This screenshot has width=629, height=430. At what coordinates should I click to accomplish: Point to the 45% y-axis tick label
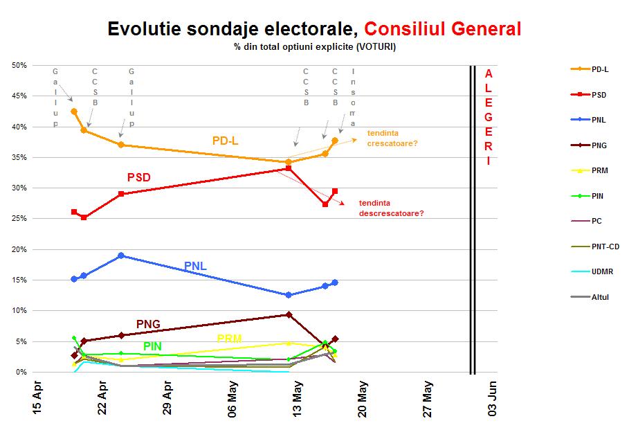pos(19,96)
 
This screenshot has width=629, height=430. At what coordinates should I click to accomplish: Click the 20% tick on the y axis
pos(19,249)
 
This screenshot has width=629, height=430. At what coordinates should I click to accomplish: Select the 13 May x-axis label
pos(297,400)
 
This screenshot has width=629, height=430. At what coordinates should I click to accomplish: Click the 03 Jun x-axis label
pos(493,398)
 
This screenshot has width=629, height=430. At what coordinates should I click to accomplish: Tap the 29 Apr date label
pos(167,400)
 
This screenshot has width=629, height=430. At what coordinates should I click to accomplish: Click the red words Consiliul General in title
pos(442,28)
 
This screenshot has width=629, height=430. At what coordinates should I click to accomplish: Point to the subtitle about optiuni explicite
pos(315,46)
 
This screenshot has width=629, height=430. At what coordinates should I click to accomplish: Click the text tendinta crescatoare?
pos(392,139)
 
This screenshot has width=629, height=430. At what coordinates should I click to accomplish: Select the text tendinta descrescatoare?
pos(391,208)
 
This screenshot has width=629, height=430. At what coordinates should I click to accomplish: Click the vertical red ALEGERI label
pos(489,117)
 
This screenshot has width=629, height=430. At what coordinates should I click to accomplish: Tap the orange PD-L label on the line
pos(225,141)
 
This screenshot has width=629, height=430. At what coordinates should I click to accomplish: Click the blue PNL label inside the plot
pos(195,266)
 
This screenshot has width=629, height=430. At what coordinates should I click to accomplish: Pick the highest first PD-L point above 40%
pos(74,111)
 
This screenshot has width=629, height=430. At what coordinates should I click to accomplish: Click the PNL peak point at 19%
pos(121,256)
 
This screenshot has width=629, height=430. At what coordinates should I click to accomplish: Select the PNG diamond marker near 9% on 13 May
pos(289,314)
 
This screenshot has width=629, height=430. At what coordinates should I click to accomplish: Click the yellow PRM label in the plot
pos(229,339)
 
